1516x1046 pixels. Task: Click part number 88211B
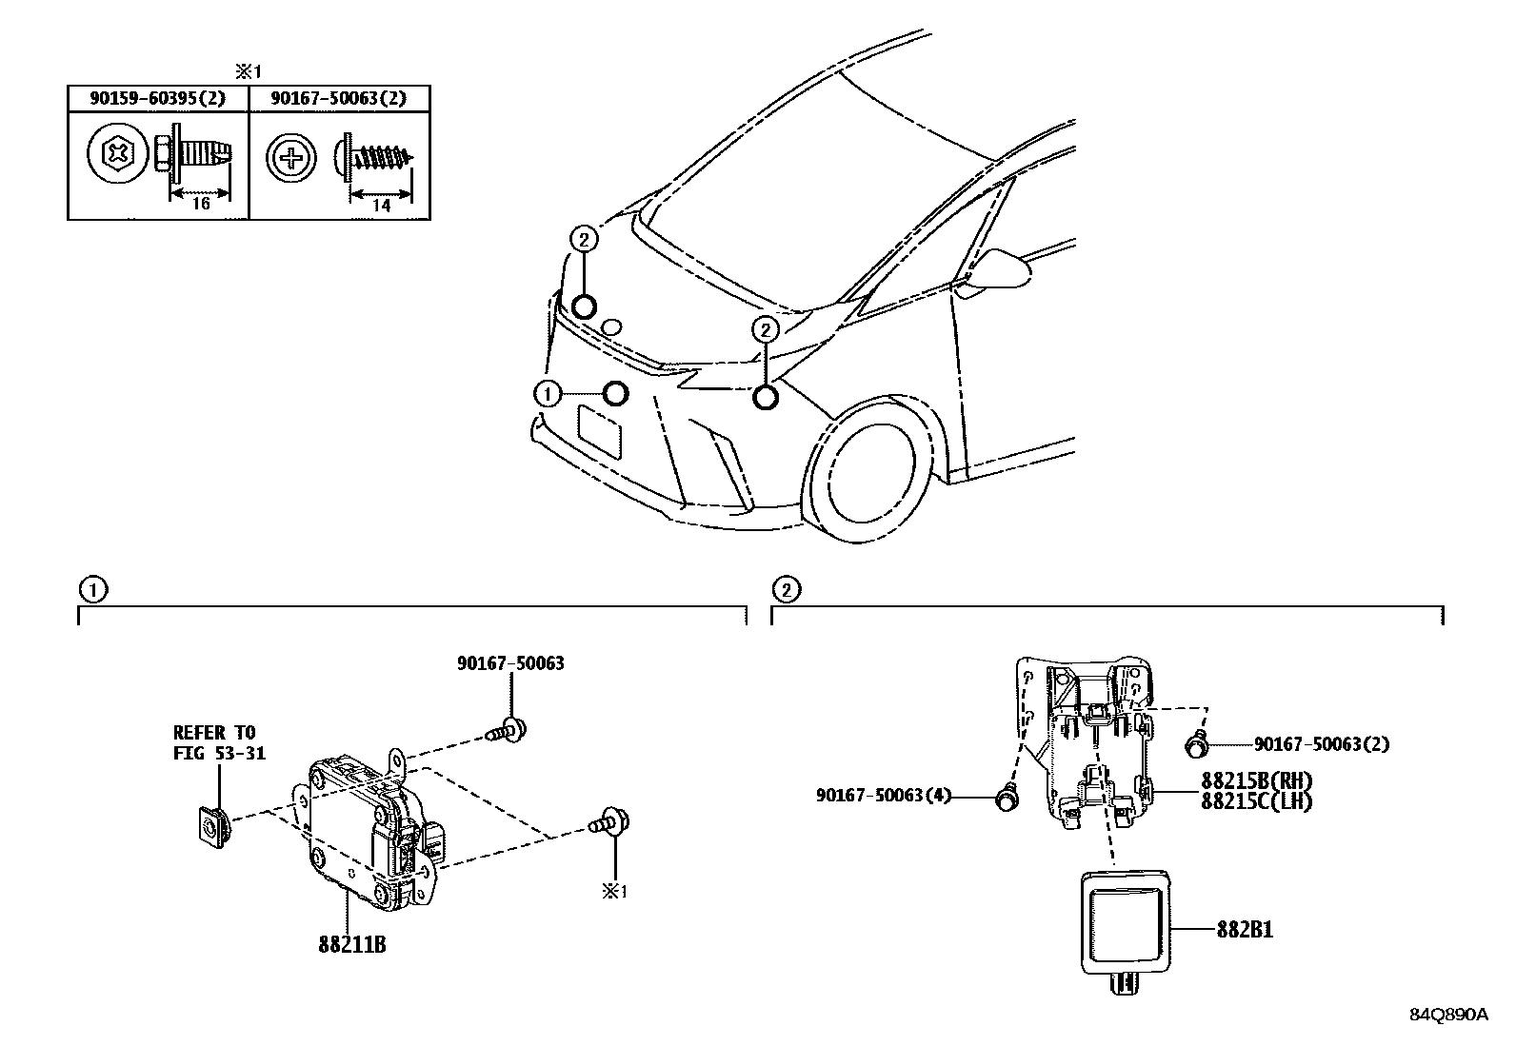(351, 946)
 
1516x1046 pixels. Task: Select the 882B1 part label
(1244, 930)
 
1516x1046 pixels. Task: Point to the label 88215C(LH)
(1256, 801)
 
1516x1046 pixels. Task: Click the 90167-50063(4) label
(884, 795)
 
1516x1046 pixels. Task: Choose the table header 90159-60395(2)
(157, 98)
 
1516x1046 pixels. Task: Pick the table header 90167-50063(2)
(338, 98)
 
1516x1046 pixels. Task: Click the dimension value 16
(200, 204)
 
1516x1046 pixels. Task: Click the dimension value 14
(381, 206)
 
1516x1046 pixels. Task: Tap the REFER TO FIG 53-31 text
(219, 743)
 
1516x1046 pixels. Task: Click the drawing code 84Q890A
(1447, 1014)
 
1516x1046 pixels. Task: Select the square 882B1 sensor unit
(1126, 923)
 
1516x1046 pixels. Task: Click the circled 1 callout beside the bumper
(547, 393)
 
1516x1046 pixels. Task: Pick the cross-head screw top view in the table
(290, 156)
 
